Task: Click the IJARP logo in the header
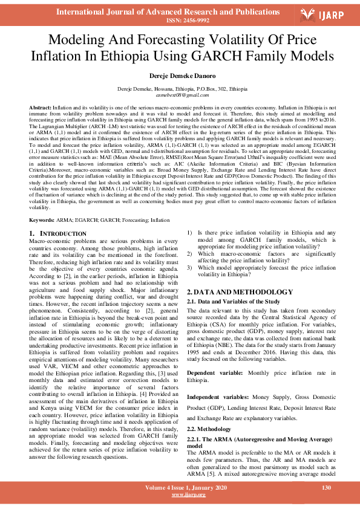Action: tap(326, 15)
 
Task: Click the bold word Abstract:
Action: tap(41, 106)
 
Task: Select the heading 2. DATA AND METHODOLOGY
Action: tap(240, 292)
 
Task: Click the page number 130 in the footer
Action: tap(326, 487)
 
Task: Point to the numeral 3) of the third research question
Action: tap(189, 267)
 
